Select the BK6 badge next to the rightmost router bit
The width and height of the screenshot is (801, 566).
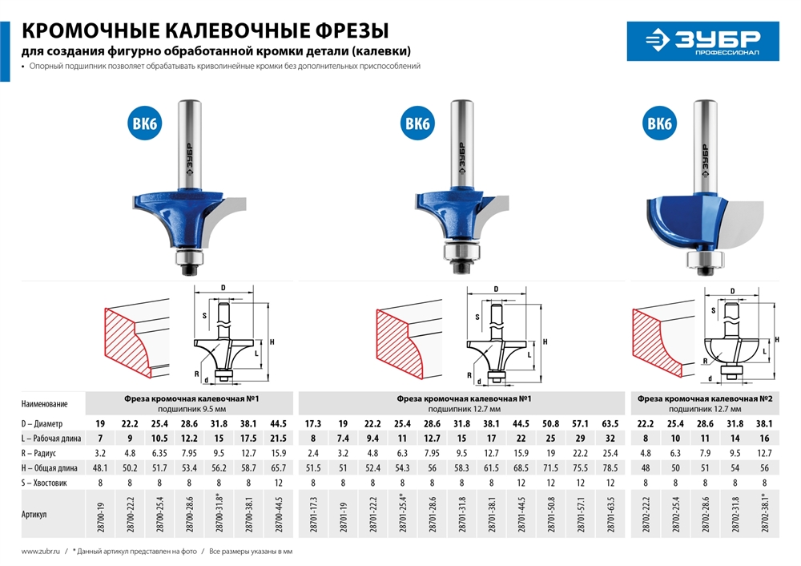click(658, 123)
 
